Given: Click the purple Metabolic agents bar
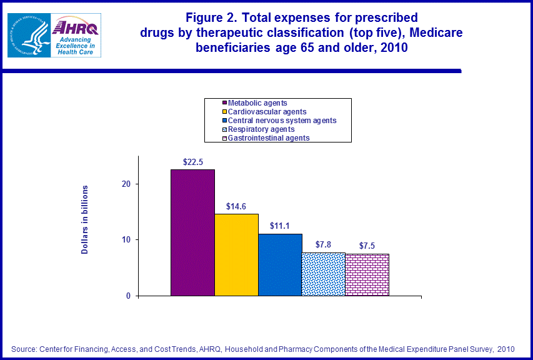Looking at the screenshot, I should coord(192,232).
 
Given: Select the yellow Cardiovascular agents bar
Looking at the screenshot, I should coord(236,254).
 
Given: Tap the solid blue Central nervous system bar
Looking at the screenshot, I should coord(280,264).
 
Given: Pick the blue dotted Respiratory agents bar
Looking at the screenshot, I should coord(323,274).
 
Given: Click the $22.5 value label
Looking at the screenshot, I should coord(192,162).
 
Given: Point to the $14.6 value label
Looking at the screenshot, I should coord(236,206).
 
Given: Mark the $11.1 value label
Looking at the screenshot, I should coord(280,226).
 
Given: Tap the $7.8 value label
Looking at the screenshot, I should coord(323,244).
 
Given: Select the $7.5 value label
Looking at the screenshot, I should coord(367,246).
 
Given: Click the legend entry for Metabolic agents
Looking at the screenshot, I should coord(257,102).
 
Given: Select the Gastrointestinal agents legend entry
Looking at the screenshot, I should coord(269,138).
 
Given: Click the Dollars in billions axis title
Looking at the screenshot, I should coord(85,219).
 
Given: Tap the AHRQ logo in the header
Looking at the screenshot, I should coord(76,35).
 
